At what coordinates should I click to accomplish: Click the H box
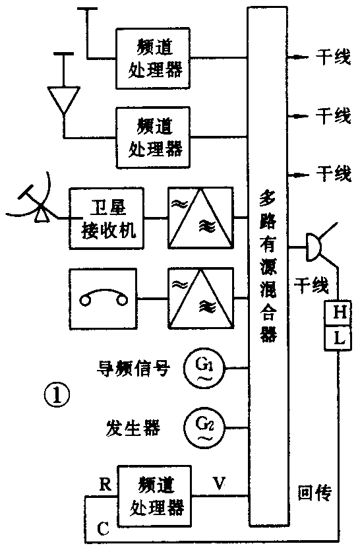click(x=340, y=313)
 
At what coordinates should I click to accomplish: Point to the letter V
click(x=219, y=483)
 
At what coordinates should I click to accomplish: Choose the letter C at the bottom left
click(x=102, y=528)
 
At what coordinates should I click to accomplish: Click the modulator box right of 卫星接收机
click(x=198, y=218)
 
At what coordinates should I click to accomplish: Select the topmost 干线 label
click(x=332, y=58)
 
